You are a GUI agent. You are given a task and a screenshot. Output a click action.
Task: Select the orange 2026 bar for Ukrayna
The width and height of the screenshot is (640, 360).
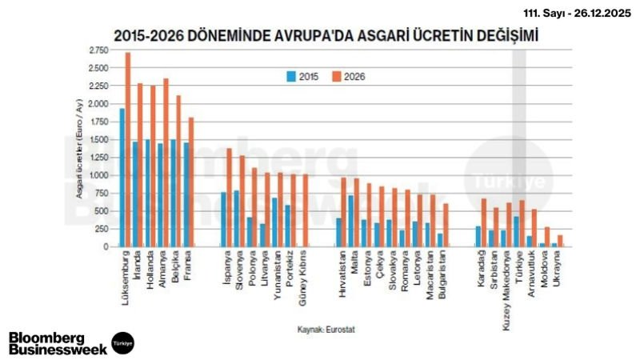(x=560, y=241)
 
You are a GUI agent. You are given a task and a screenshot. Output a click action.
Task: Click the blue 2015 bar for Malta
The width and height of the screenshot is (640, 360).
(x=350, y=221)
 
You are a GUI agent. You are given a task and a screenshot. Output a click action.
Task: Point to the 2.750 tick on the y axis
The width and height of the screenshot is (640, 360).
(x=98, y=50)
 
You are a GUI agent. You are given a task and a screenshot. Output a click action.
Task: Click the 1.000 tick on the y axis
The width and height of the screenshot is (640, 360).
(x=98, y=175)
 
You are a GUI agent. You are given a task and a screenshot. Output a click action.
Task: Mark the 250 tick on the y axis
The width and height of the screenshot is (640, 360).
(x=101, y=229)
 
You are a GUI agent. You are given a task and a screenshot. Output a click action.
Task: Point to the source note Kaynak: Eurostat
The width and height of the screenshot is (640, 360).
(x=327, y=329)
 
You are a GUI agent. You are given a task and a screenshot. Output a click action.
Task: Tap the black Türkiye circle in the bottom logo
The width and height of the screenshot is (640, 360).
(x=122, y=342)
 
